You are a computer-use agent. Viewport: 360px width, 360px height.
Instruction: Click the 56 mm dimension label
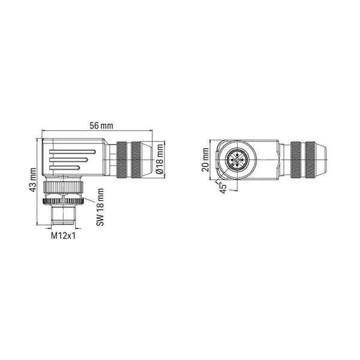pos(101,126)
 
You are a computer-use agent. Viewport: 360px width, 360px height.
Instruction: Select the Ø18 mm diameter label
pos(160,159)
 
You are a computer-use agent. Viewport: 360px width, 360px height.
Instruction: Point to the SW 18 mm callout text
pos(100,207)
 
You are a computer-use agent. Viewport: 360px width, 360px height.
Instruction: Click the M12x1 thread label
pos(63,236)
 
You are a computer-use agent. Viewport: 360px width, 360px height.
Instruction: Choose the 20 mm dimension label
pos(205,160)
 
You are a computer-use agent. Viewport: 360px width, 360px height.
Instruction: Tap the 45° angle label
pos(223,188)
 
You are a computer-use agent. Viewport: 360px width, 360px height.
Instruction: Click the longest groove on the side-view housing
pos(73,152)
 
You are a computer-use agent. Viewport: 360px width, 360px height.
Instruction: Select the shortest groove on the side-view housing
pos(65,168)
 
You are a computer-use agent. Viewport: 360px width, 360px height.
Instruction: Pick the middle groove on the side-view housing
pos(68,160)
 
